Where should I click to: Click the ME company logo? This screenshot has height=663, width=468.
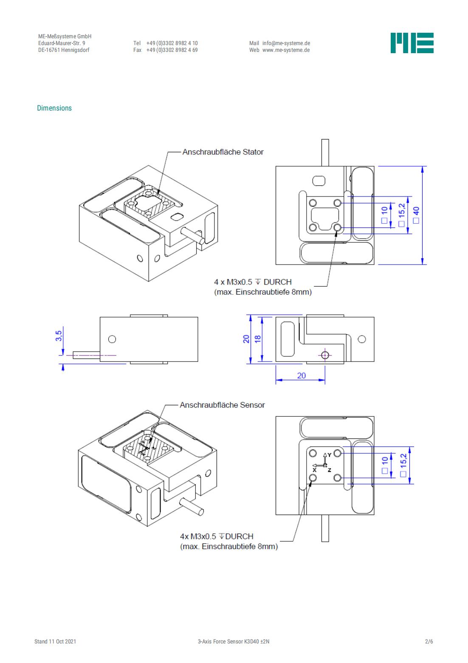coord(412,43)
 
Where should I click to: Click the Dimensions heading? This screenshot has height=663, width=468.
coord(54,108)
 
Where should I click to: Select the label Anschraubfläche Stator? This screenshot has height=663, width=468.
coord(223,152)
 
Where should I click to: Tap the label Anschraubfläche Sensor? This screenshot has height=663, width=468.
coord(222,405)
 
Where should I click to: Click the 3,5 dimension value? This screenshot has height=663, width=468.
coord(59,336)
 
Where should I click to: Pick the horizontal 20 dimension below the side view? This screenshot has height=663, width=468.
coord(301,376)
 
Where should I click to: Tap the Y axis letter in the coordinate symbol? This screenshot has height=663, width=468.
coord(330,455)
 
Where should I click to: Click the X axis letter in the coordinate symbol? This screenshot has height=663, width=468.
coord(315,470)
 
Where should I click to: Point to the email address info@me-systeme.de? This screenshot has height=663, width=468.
coord(286,43)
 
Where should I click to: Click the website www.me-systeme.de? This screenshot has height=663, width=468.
coord(286,50)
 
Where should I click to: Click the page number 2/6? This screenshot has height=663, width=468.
coord(429,641)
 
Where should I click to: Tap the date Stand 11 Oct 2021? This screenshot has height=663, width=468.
coord(55,641)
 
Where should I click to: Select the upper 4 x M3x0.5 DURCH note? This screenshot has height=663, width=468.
coord(253,282)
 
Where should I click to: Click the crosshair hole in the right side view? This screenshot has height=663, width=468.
coord(325,355)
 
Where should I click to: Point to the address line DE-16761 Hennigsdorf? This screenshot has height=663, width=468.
coord(64,50)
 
